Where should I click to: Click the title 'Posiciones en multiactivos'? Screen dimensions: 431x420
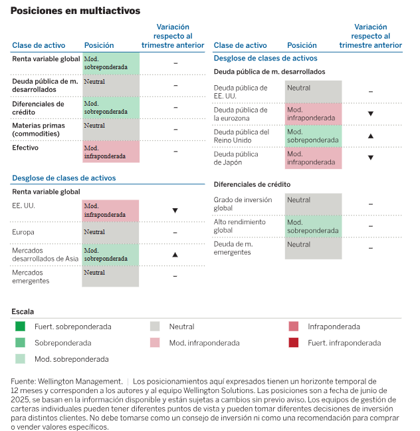pos(75,11)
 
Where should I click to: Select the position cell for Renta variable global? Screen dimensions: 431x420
pos(111,63)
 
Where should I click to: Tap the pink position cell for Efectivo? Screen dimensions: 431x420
pos(111,152)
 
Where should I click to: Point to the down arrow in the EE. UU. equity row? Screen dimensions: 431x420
pos(175,210)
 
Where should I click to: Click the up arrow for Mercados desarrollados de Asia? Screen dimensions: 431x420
pos(175,254)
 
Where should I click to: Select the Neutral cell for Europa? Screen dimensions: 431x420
pos(111,233)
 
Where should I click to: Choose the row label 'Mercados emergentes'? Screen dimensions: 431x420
pos(31,276)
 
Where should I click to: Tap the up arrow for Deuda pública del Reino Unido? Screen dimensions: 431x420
pos(370,136)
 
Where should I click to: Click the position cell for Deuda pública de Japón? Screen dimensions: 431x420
pos(314,158)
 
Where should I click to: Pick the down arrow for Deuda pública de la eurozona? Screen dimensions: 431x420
pos(370,114)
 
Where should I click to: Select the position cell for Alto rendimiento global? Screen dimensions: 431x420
pos(314,226)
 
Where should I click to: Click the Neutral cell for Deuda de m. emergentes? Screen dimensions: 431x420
pos(314,248)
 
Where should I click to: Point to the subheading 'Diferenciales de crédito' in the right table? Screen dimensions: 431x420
pos(252,184)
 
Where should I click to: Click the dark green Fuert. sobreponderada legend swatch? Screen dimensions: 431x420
pos(21,327)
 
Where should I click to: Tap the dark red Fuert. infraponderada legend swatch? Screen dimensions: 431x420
pos(293,343)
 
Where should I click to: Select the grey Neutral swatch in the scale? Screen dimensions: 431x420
pos(155,327)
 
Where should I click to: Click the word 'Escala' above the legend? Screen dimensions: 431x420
pos(23,311)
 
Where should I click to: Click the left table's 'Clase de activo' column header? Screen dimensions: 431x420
pos(39,45)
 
